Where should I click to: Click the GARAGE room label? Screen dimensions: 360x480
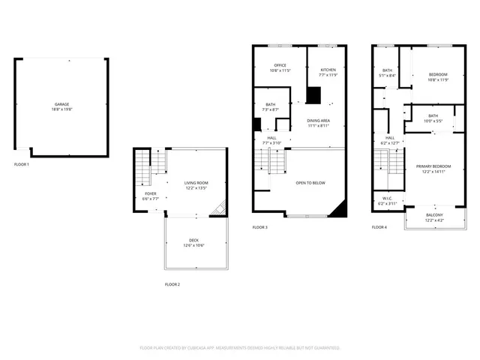click(x=61, y=104)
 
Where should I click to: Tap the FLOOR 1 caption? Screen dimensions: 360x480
click(x=22, y=164)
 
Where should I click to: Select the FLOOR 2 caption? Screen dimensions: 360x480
click(x=172, y=284)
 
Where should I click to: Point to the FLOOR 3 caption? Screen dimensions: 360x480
click(x=259, y=226)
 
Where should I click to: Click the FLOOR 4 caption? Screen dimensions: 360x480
click(x=379, y=226)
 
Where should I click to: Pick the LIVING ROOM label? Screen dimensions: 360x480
click(x=196, y=183)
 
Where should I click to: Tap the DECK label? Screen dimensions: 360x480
click(x=193, y=240)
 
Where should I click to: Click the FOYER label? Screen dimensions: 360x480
click(x=151, y=193)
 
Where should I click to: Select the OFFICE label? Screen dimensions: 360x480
click(x=280, y=65)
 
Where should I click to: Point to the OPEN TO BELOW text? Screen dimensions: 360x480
click(x=310, y=183)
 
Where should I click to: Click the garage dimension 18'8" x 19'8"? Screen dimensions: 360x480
click(x=61, y=109)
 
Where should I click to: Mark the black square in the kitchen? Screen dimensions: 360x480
click(x=313, y=95)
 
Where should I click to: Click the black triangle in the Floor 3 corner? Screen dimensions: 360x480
click(x=342, y=209)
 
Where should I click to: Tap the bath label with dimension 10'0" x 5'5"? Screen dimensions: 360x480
click(x=433, y=115)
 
